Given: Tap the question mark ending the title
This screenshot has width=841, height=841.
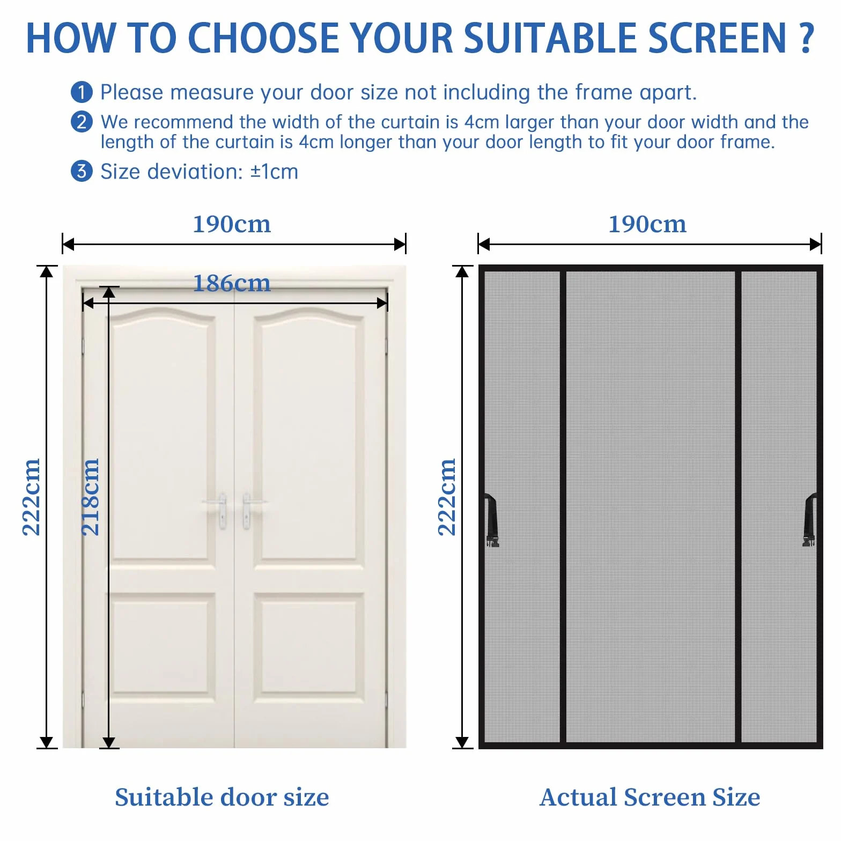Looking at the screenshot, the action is pyautogui.click(x=807, y=38).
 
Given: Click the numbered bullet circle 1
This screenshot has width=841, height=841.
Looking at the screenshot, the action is pyautogui.click(x=82, y=92).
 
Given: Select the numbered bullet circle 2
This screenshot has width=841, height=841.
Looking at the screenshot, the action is pyautogui.click(x=82, y=122).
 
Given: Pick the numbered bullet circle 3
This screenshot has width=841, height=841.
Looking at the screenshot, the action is pyautogui.click(x=82, y=172).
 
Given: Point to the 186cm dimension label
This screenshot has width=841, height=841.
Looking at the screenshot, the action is pyautogui.click(x=232, y=283).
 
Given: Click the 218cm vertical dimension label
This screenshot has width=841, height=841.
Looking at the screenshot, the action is pyautogui.click(x=90, y=497).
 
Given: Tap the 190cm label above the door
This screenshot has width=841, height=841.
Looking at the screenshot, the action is pyautogui.click(x=232, y=224).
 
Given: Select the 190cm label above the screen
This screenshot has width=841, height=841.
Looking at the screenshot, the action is pyautogui.click(x=647, y=224).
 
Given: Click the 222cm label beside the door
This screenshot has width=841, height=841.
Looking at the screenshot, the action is pyautogui.click(x=31, y=497).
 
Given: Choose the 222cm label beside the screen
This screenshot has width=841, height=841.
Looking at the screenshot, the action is pyautogui.click(x=447, y=497).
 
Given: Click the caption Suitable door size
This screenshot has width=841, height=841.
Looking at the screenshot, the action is pyautogui.click(x=222, y=798).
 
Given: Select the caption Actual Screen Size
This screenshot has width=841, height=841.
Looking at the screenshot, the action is pyautogui.click(x=650, y=798).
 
